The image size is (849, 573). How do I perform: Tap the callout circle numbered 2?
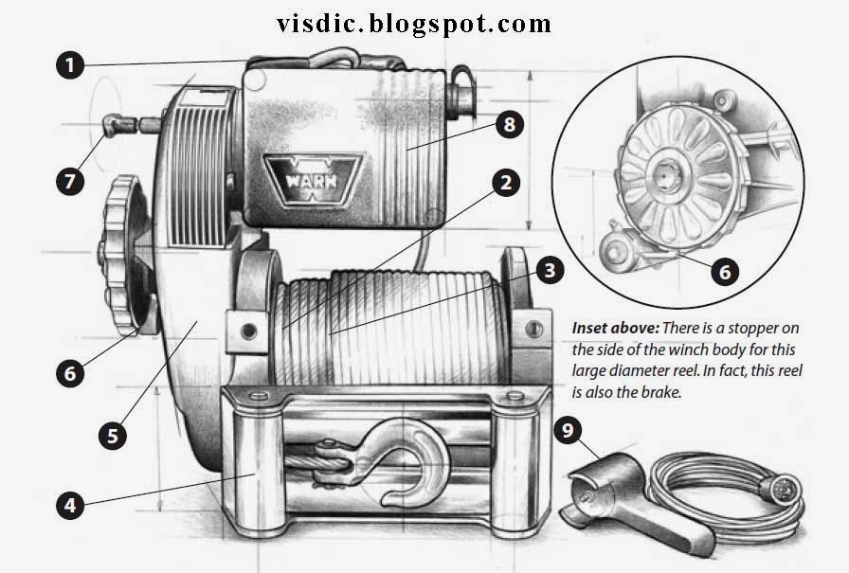(x=507, y=183)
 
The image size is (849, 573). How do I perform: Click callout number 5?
(x=113, y=436)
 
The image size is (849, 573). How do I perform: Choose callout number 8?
(x=508, y=125)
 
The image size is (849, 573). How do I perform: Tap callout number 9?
(x=569, y=432)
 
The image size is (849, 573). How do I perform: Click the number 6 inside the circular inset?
(x=724, y=272)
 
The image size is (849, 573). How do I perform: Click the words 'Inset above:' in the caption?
(x=615, y=327)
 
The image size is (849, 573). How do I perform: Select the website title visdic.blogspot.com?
(x=414, y=22)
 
